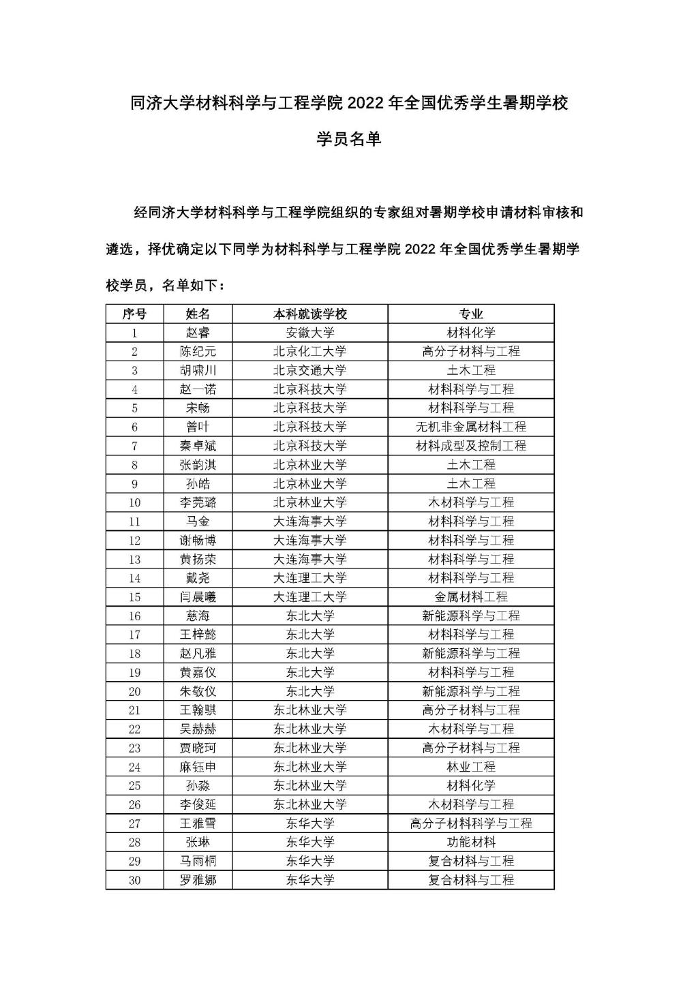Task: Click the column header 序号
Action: pyautogui.click(x=134, y=314)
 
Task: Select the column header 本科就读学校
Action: pyautogui.click(x=310, y=314)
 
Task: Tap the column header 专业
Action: pyautogui.click(x=471, y=314)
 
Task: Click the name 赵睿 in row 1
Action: pyautogui.click(x=198, y=333)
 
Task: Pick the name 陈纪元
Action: pyautogui.click(x=198, y=352)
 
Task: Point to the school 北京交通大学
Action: pyautogui.click(x=310, y=371)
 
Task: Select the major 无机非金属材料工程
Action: pyautogui.click(x=471, y=427)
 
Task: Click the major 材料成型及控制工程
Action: pyautogui.click(x=471, y=446)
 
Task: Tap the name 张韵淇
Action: pyautogui.click(x=198, y=465)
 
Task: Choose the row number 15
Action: pyautogui.click(x=134, y=597)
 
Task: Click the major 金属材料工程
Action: pyautogui.click(x=471, y=597)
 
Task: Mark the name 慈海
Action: pyautogui.click(x=198, y=616)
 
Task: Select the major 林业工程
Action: pyautogui.click(x=471, y=767)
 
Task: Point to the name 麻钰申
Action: pyautogui.click(x=198, y=767)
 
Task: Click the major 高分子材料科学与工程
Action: pyautogui.click(x=471, y=823)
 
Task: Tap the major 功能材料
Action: pyautogui.click(x=471, y=842)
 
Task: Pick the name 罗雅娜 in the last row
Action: pyautogui.click(x=198, y=880)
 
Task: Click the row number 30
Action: pyautogui.click(x=134, y=880)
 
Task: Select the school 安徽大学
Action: pyautogui.click(x=310, y=333)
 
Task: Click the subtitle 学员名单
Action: pyautogui.click(x=349, y=140)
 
